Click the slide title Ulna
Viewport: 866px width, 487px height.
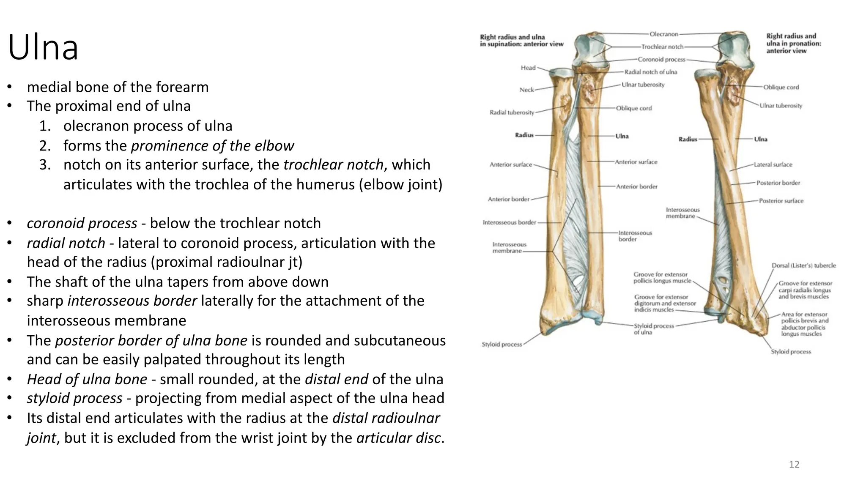(x=43, y=48)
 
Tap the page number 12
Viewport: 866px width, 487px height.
(x=794, y=465)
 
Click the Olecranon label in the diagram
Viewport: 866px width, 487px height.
(x=664, y=34)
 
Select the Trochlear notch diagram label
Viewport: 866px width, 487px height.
(x=662, y=47)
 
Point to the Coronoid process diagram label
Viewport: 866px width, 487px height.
(x=661, y=60)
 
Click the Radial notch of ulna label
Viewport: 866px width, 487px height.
(x=651, y=72)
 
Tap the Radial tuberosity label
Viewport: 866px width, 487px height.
(x=512, y=112)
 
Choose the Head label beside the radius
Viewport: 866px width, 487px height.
(x=528, y=68)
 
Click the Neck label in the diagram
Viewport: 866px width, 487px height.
(x=527, y=90)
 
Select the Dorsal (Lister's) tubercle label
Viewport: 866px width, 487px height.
(x=803, y=265)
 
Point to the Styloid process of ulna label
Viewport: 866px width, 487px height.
(x=654, y=329)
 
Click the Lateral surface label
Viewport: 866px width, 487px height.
(x=773, y=164)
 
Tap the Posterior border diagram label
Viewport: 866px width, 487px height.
(x=778, y=183)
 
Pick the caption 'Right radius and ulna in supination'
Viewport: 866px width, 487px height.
(x=521, y=41)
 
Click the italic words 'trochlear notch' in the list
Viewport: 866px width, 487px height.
(x=333, y=164)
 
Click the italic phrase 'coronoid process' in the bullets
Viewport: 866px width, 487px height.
(x=82, y=223)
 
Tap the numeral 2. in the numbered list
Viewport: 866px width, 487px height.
(x=45, y=146)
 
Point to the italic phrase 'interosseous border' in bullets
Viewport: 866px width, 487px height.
(x=132, y=301)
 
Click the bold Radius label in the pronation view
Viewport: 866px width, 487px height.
(x=688, y=139)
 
